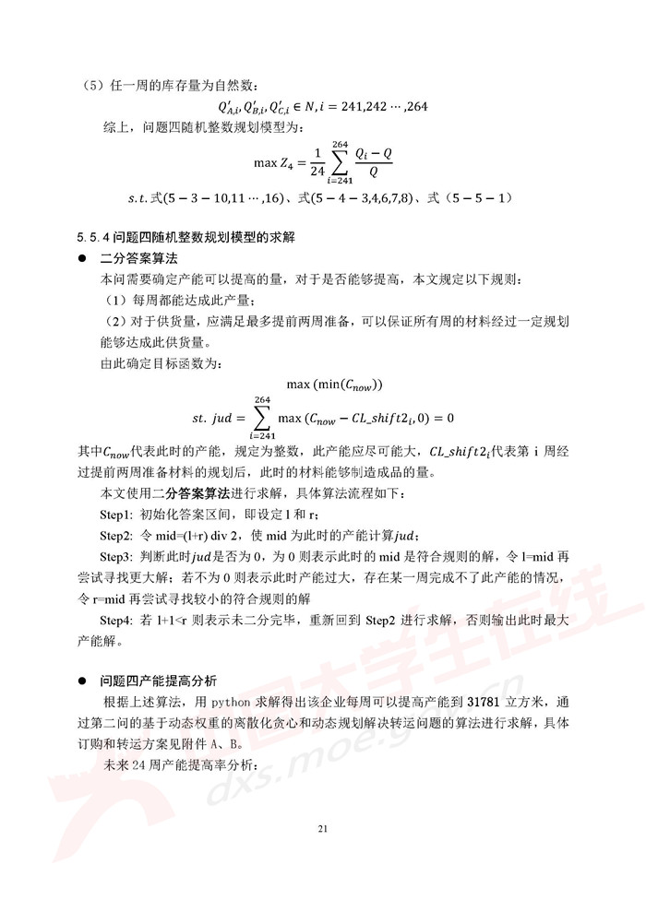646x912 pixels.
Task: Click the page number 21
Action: (322, 829)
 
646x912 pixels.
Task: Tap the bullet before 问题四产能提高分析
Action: (81, 681)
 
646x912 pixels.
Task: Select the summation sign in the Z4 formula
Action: (341, 163)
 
